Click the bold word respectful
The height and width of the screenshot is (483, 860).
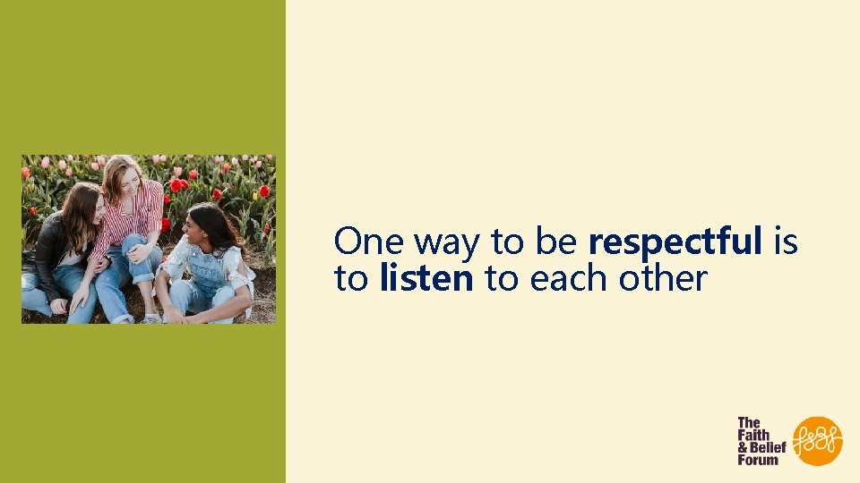(675, 242)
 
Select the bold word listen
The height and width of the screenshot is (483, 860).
(426, 279)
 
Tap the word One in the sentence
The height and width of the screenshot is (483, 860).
(369, 241)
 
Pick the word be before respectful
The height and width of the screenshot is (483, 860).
(556, 241)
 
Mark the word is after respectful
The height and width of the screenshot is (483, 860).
(785, 241)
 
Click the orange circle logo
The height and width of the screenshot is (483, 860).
(818, 440)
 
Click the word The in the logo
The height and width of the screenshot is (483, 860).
(749, 422)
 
